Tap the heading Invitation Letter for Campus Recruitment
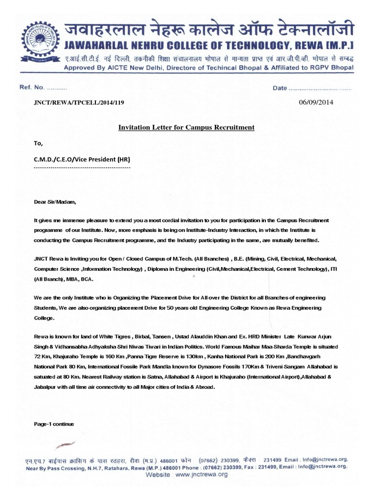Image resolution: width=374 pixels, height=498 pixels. pos(187,127)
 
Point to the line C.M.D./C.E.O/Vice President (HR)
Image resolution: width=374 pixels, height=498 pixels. pos(82,160)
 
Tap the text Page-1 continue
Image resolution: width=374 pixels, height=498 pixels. pos(53,424)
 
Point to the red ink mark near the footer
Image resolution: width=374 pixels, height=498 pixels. pos(66,444)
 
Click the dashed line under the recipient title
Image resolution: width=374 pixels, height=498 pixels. pos(82,167)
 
